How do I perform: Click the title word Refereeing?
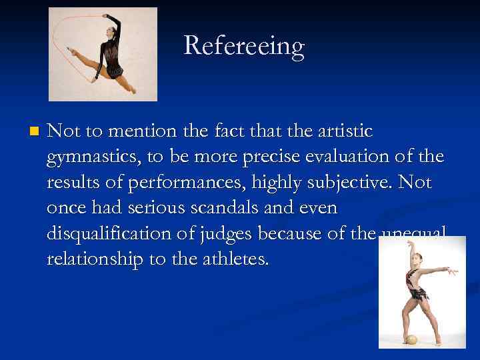click(x=243, y=46)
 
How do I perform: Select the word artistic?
click(x=340, y=131)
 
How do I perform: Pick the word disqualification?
click(x=124, y=233)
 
